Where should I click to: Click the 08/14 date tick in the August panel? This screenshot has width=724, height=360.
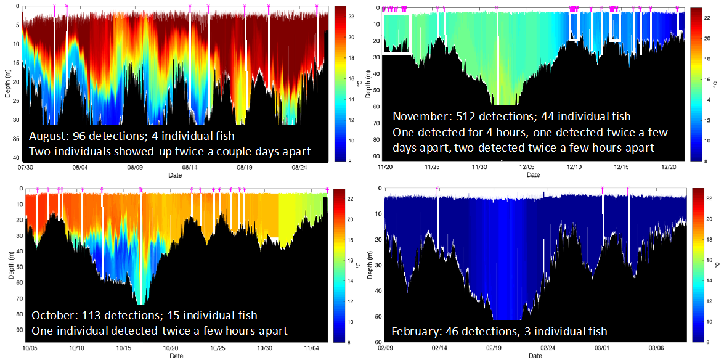(x=190, y=167)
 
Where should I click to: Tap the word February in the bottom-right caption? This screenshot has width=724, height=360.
(x=413, y=332)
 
